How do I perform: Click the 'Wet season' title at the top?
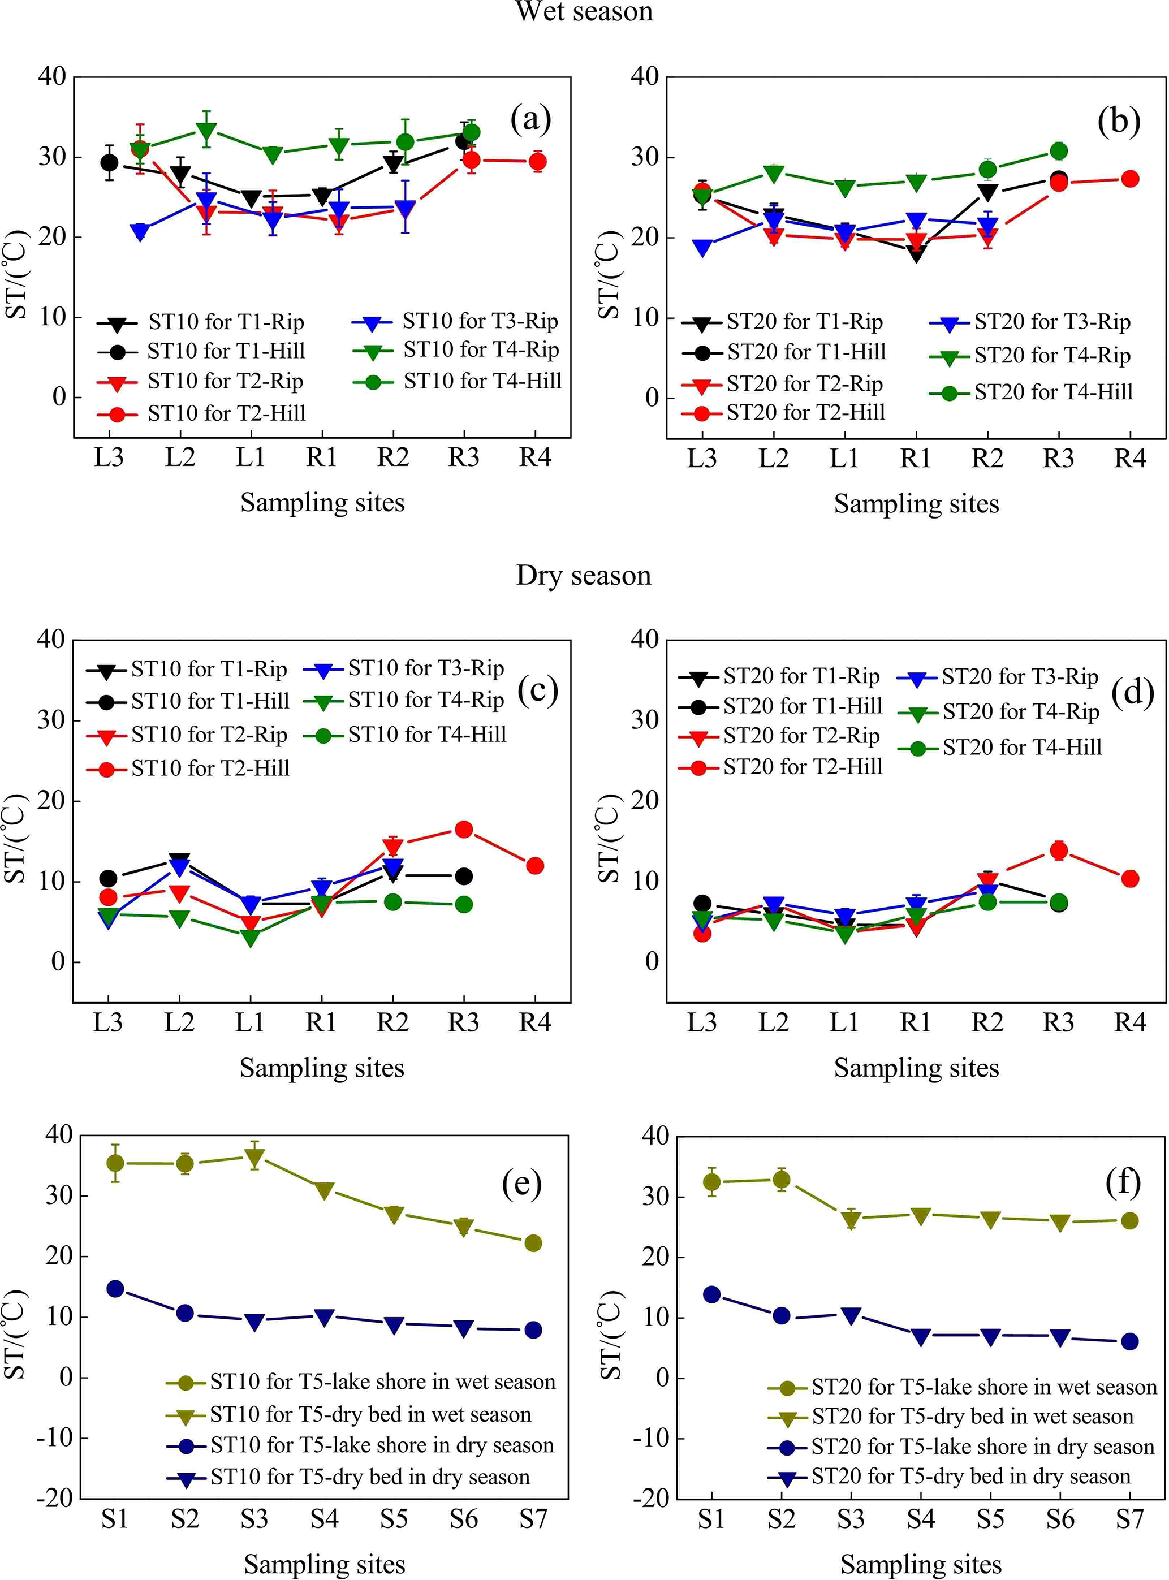tap(584, 11)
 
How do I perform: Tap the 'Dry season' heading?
tap(584, 575)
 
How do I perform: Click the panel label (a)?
tap(530, 119)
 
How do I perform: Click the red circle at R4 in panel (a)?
tap(537, 161)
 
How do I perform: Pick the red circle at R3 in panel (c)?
tap(464, 829)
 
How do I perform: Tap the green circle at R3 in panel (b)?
tap(1059, 151)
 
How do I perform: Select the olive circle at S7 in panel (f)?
tap(1130, 1220)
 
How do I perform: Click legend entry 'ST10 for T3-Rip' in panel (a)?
tap(480, 321)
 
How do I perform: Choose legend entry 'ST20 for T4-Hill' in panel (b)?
tap(1053, 392)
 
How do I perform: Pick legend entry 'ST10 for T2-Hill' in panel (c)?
tap(210, 769)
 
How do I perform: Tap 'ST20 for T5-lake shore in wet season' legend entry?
tap(983, 1387)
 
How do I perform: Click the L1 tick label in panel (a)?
tap(251, 458)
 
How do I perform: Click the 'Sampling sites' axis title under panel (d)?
tap(916, 1068)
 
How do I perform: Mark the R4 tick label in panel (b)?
tap(1129, 459)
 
